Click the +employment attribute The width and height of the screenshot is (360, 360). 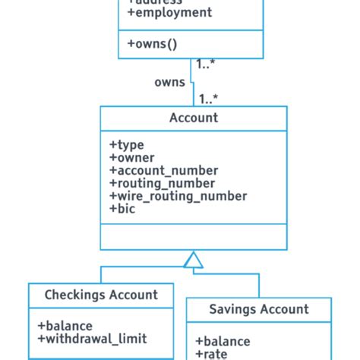tap(170, 13)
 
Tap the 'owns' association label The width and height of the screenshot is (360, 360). tap(169, 81)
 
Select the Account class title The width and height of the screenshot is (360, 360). tap(194, 118)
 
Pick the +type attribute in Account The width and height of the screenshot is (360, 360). tap(127, 144)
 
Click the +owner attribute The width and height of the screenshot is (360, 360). tap(132, 157)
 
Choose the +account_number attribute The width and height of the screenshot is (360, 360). tap(163, 170)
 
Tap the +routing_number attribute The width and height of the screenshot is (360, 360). tap(163, 183)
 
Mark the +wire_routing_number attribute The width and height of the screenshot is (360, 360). tap(178, 196)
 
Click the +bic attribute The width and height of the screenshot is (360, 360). tap(122, 209)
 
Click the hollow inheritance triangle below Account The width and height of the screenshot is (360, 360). tap(194, 261)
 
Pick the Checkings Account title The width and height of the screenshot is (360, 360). tap(101, 295)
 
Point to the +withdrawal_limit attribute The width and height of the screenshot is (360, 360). tap(92, 338)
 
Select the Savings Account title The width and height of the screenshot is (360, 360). tap(259, 309)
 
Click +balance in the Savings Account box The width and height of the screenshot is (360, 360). tap(223, 341)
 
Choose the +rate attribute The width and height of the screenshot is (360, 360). tap(212, 354)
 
